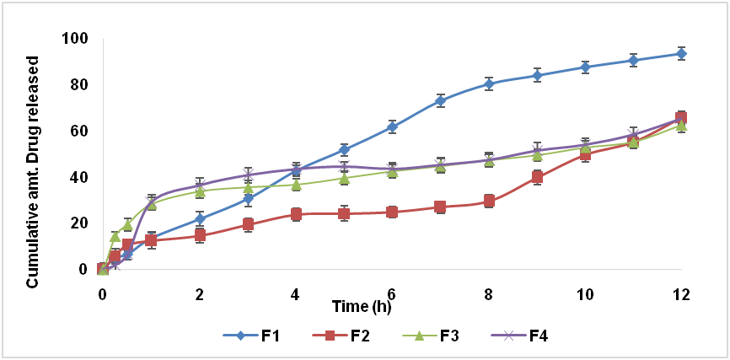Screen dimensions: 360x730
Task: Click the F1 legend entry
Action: pos(255,336)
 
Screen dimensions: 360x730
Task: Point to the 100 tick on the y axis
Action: pos(76,39)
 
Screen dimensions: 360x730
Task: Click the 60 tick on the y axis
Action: pos(79,132)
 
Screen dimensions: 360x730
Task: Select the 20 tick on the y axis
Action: pos(79,223)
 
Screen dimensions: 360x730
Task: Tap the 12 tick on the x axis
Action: pos(681,294)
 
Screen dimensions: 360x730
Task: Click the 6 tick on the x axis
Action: pos(392,294)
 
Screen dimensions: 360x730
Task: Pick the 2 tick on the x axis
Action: pos(199,294)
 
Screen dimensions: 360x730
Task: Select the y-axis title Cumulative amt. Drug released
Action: pos(33,172)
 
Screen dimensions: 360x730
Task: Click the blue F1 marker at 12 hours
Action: pos(681,53)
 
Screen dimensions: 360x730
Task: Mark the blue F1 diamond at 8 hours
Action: pos(489,83)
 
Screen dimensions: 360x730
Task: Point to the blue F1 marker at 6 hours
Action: pos(392,126)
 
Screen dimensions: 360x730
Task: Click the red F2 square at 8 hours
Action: pos(489,201)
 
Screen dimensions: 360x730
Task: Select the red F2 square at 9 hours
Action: pos(537,177)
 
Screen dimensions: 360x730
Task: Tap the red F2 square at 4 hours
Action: pos(296,214)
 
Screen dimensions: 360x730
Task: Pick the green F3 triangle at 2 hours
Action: pos(199,191)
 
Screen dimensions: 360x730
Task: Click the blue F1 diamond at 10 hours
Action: pos(585,67)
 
